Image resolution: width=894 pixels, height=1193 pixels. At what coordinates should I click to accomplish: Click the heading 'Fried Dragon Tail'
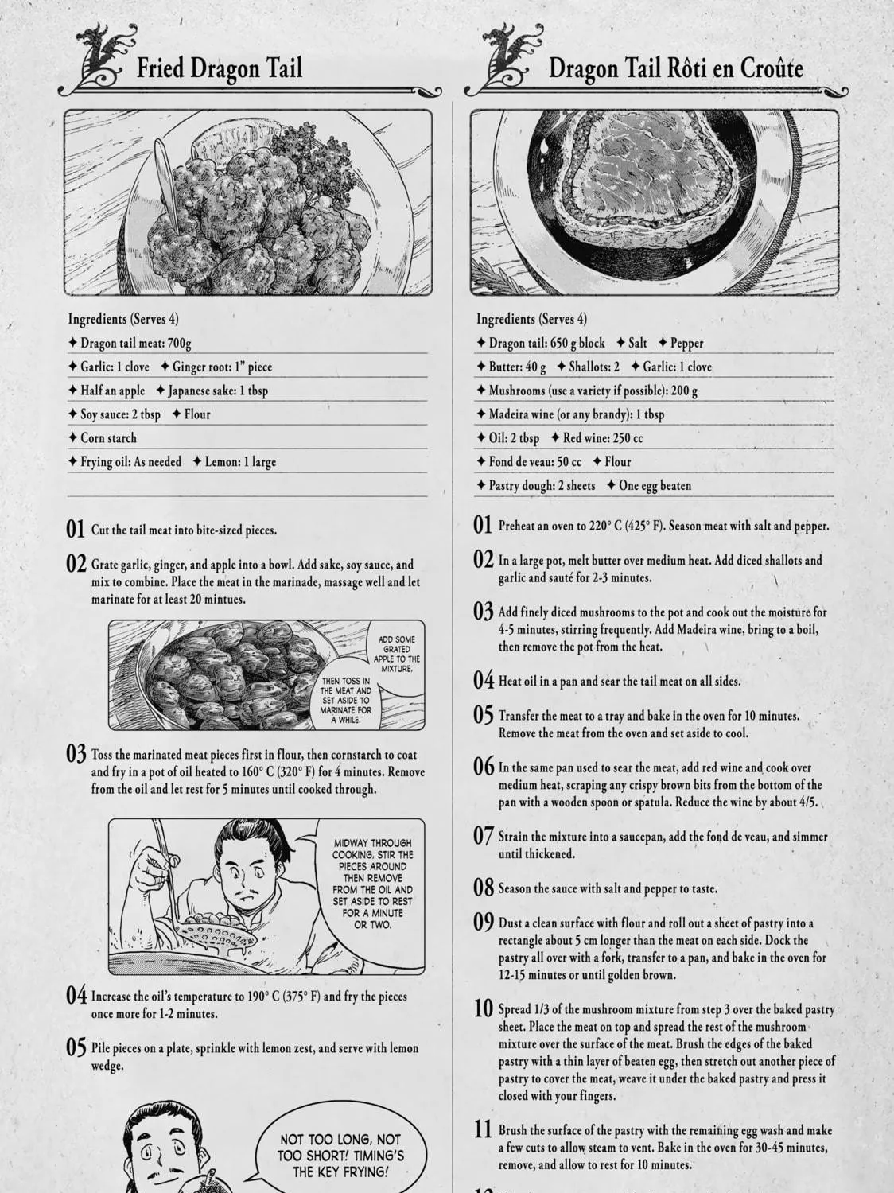(x=219, y=69)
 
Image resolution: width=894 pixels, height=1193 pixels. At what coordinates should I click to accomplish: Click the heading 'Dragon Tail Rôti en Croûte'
(x=675, y=69)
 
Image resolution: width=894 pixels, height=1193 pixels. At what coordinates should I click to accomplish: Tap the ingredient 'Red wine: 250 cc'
(x=597, y=438)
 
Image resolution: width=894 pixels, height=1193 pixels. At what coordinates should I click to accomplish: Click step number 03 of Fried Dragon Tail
(x=76, y=754)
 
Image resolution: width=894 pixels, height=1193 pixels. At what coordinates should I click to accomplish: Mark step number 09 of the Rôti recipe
(x=483, y=922)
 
